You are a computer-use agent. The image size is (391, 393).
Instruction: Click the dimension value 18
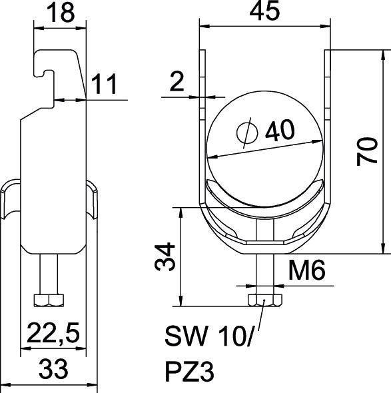click(61, 14)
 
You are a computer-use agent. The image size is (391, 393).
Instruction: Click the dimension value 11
click(105, 85)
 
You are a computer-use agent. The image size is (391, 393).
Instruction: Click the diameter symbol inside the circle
click(246, 133)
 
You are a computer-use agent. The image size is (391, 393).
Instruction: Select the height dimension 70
click(368, 151)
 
